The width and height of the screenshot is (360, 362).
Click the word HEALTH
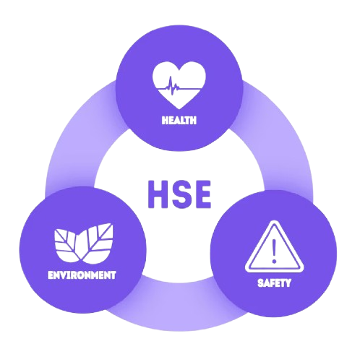(179, 120)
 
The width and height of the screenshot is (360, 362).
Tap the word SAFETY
(274, 283)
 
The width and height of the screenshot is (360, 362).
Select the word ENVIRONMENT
(82, 275)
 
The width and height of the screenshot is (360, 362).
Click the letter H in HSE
(158, 194)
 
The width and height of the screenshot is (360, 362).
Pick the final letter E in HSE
(202, 194)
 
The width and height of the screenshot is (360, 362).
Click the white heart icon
(179, 85)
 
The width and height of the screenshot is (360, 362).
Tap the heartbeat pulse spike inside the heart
(171, 86)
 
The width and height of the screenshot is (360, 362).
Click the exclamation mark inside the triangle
(274, 251)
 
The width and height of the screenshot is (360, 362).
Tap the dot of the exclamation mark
(274, 261)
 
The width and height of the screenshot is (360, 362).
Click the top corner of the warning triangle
(274, 222)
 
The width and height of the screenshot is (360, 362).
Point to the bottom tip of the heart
(179, 109)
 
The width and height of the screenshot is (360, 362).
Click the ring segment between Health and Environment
(80, 135)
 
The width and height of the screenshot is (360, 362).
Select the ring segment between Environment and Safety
(179, 305)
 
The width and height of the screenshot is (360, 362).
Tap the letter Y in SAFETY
(288, 283)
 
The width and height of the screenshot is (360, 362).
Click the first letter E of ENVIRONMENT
(51, 275)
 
